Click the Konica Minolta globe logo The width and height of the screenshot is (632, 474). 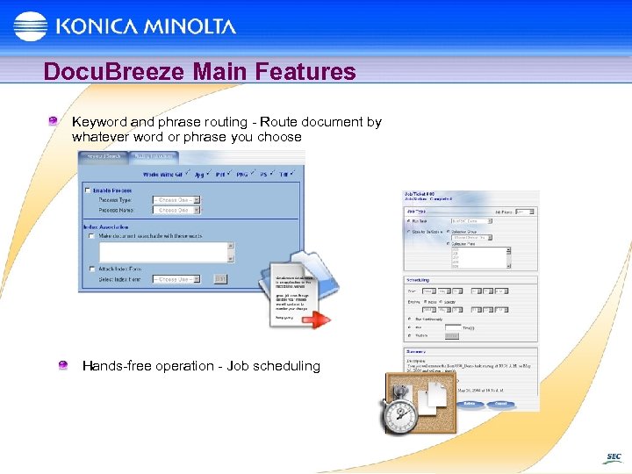[x=30, y=26]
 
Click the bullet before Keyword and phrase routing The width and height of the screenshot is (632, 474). [x=54, y=121]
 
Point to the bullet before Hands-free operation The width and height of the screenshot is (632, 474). [x=64, y=365]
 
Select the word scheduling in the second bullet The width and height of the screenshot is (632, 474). [x=286, y=366]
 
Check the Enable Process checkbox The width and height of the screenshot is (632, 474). [x=87, y=190]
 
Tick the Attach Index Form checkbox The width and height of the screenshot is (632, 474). [x=91, y=269]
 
